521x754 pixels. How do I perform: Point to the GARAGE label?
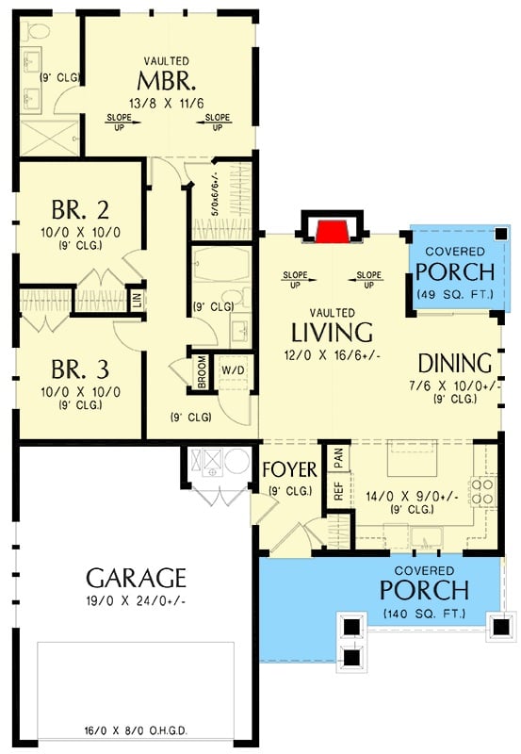136,577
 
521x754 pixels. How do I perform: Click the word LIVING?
332,333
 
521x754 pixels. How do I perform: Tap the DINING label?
455,364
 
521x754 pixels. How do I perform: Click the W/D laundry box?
232,369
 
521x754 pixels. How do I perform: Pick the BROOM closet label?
202,370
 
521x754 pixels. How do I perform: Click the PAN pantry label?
337,458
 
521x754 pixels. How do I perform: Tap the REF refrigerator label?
337,492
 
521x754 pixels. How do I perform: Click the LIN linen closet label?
137,299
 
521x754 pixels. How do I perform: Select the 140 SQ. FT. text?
423,615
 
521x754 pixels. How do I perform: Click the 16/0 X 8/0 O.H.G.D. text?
136,730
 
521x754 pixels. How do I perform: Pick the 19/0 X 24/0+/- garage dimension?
136,600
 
